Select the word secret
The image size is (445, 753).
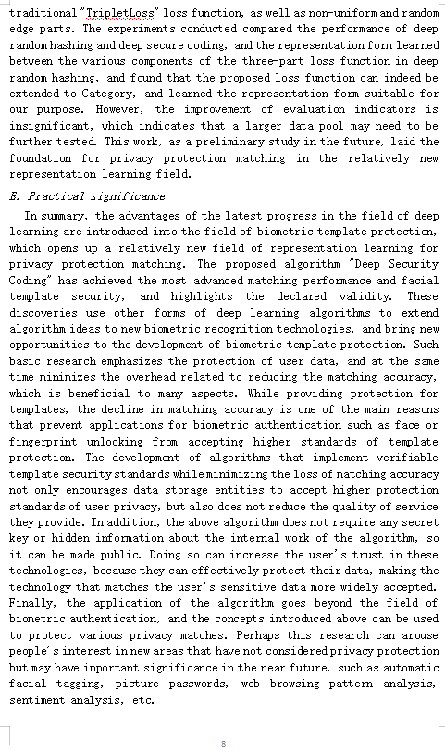point(419,521)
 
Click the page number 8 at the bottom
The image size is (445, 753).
point(223,743)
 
